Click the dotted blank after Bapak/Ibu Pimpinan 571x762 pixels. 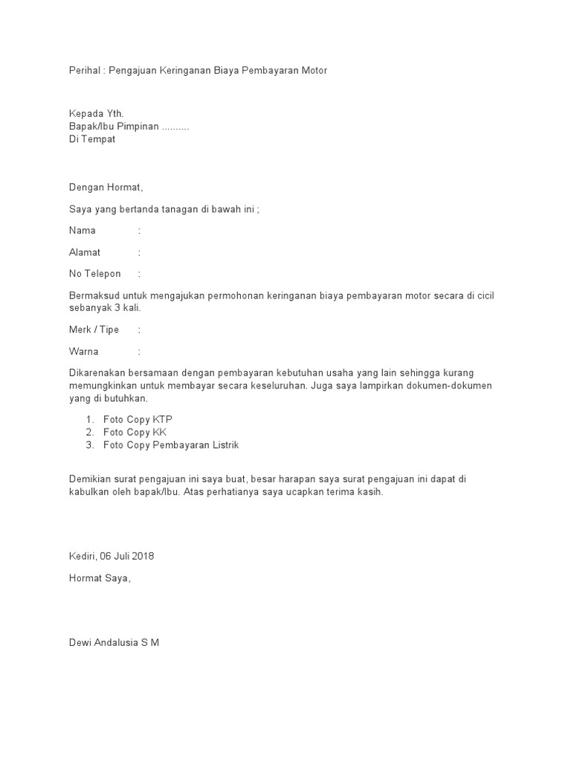coord(175,127)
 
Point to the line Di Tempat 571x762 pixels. coord(92,140)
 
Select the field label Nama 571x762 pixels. coord(83,231)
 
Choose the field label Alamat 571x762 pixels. coord(85,252)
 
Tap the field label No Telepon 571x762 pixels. coord(94,274)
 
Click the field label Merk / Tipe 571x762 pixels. coord(94,330)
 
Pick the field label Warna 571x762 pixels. coord(84,351)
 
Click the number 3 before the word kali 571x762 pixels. coord(117,308)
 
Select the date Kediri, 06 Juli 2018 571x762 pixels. coord(112,556)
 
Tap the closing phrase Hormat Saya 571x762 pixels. coord(99,577)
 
